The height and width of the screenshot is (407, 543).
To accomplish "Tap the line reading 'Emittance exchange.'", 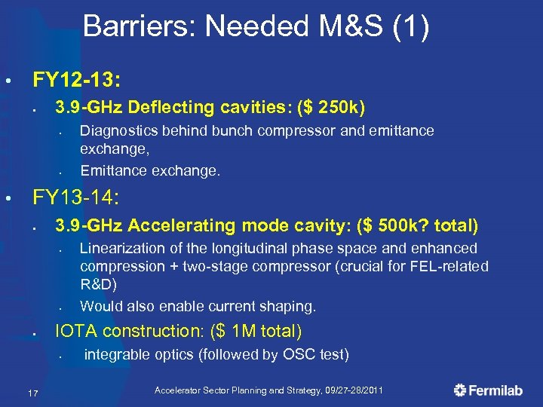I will [150, 170].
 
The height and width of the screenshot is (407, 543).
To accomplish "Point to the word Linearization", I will [125, 248].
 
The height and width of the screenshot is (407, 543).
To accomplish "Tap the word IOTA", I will [75, 332].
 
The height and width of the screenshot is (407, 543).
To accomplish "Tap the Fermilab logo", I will [490, 390].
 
